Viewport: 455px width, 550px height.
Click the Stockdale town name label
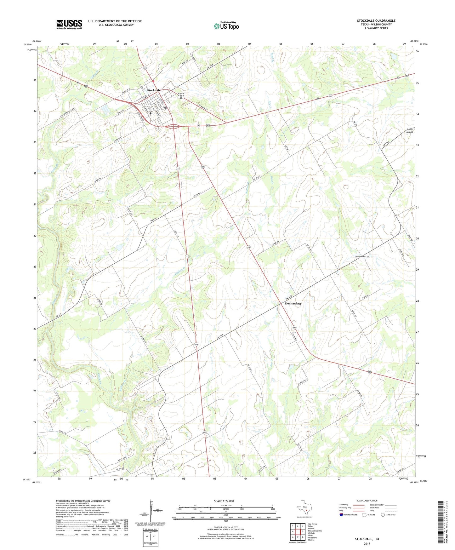154,90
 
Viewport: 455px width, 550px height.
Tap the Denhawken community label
293,304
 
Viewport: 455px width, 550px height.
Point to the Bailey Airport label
409,131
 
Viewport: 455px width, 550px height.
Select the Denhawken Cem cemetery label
362,257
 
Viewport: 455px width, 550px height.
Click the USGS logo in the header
69,24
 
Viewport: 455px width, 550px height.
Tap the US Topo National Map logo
226,26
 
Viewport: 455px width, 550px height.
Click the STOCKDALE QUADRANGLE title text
376,21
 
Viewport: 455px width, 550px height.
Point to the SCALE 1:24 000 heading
224,501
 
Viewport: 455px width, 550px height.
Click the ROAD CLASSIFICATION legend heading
367,501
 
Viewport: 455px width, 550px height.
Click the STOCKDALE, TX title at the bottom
367,539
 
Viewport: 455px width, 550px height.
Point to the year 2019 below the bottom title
367,544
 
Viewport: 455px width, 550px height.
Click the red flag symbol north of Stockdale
153,81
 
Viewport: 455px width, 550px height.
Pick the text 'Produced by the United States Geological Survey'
83,501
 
